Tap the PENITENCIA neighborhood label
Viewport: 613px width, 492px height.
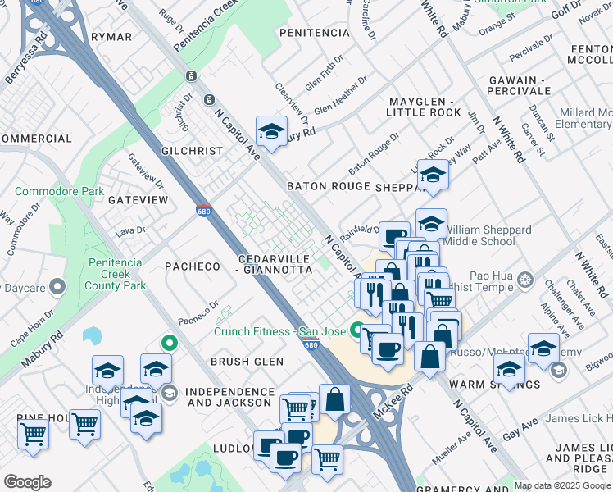[x=315, y=33]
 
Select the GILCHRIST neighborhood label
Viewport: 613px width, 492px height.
[x=193, y=151]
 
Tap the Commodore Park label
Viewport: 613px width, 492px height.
[x=60, y=192]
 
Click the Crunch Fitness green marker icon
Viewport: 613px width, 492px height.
[x=356, y=331]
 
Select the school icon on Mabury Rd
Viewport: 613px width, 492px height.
[x=271, y=130]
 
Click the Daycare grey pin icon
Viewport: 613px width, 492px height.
[x=57, y=288]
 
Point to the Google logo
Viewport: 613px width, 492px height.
[x=28, y=482]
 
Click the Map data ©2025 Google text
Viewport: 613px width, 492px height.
[x=562, y=485]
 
